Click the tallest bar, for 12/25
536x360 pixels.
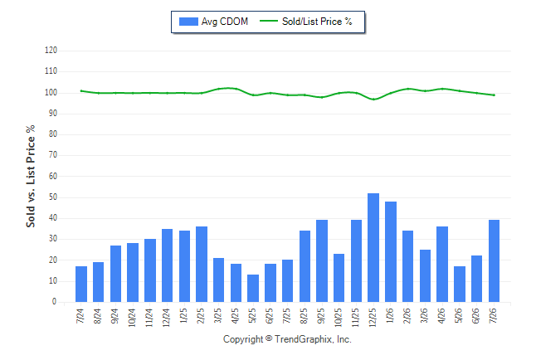point(373,247)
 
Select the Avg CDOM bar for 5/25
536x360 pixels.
point(253,288)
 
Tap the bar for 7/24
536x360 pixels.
point(81,285)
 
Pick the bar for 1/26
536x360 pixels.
point(391,251)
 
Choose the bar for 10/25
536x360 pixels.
point(339,278)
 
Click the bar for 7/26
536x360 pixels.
point(494,260)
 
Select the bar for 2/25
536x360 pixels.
point(202,265)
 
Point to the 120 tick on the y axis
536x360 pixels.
point(51,51)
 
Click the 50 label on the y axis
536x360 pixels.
point(53,197)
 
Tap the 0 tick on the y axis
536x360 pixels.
point(55,302)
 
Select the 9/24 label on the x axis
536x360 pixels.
point(115,316)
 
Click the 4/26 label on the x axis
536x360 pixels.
point(441,316)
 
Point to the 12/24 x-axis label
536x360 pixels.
point(167,318)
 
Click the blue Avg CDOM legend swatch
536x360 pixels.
point(188,22)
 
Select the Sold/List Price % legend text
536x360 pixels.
point(317,22)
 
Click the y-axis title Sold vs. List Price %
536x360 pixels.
point(31,176)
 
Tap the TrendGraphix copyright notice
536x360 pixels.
point(287,339)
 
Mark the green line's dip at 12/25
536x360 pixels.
point(373,100)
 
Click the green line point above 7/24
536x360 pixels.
point(81,91)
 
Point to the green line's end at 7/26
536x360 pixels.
point(494,95)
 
